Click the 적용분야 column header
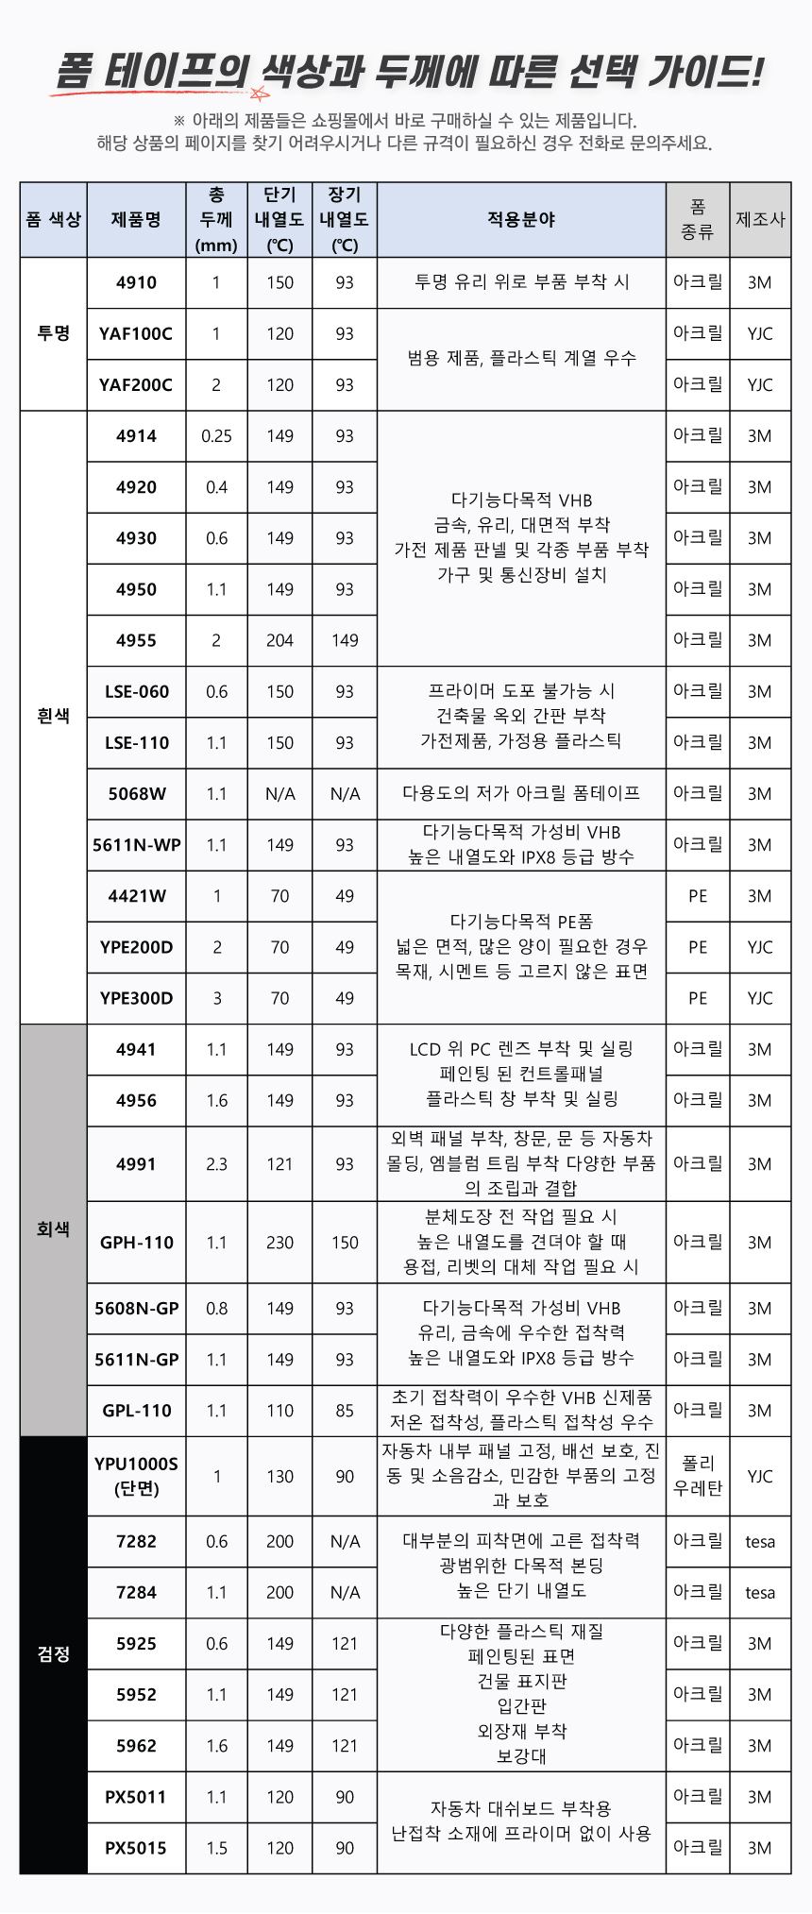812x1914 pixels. pyautogui.click(x=521, y=220)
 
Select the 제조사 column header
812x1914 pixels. pyautogui.click(x=760, y=220)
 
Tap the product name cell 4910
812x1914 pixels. pyautogui.click(x=136, y=282)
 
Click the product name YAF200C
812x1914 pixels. pyautogui.click(x=136, y=384)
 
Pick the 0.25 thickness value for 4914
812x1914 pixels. pyautogui.click(x=216, y=436)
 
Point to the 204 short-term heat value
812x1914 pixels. pyautogui.click(x=279, y=640)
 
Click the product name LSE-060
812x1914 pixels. pyautogui.click(x=137, y=691)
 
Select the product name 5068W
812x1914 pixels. pyautogui.click(x=137, y=793)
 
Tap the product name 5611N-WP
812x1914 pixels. pyautogui.click(x=137, y=845)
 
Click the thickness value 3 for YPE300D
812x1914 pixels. pyautogui.click(x=216, y=998)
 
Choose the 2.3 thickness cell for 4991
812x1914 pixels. pyautogui.click(x=216, y=1164)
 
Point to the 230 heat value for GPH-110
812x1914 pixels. pyautogui.click(x=279, y=1243)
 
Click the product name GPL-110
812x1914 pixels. pyautogui.click(x=137, y=1411)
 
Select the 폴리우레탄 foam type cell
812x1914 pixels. pyautogui.click(x=698, y=1476)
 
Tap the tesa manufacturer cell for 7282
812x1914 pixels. pyautogui.click(x=760, y=1542)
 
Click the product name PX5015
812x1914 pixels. pyautogui.click(x=136, y=1848)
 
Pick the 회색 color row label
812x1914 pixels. pyautogui.click(x=54, y=1229)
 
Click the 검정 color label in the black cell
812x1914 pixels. pyautogui.click(x=54, y=1653)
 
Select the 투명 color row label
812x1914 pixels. pyautogui.click(x=54, y=333)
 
